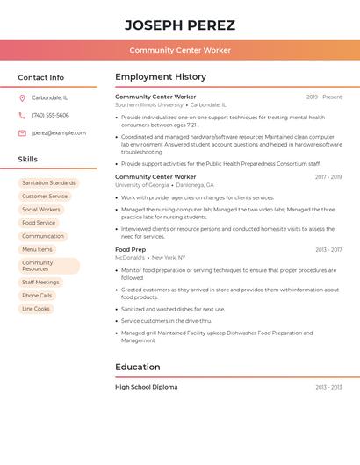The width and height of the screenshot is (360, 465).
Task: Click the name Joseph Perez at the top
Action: click(x=179, y=25)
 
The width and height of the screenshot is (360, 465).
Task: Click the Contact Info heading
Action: click(x=40, y=77)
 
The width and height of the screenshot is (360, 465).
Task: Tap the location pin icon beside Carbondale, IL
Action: click(x=22, y=97)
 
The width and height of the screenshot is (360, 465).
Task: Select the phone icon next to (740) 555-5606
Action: click(x=22, y=115)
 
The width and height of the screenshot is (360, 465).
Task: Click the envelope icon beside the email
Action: click(x=22, y=133)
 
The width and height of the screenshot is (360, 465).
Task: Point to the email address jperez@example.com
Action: click(x=59, y=133)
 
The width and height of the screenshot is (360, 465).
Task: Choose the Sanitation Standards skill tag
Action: click(x=48, y=182)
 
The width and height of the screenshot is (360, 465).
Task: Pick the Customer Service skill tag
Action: click(x=45, y=197)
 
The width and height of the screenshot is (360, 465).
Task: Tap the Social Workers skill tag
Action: click(x=41, y=210)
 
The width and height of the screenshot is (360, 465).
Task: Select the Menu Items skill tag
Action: click(x=37, y=249)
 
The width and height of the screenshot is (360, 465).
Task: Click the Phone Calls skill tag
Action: click(x=37, y=296)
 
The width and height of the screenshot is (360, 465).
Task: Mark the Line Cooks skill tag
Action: click(x=36, y=309)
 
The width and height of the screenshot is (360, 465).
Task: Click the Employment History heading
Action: click(x=161, y=77)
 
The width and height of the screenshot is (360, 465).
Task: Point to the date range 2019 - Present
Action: click(x=323, y=97)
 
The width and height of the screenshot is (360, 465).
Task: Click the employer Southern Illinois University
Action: click(x=149, y=104)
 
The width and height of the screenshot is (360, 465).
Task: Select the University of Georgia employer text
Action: click(x=142, y=185)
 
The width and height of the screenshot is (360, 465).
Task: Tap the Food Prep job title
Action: click(x=130, y=250)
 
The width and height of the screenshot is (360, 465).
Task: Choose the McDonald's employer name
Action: click(x=130, y=258)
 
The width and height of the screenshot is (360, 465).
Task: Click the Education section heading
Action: click(x=137, y=367)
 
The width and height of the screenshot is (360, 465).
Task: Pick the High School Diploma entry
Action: click(x=146, y=387)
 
